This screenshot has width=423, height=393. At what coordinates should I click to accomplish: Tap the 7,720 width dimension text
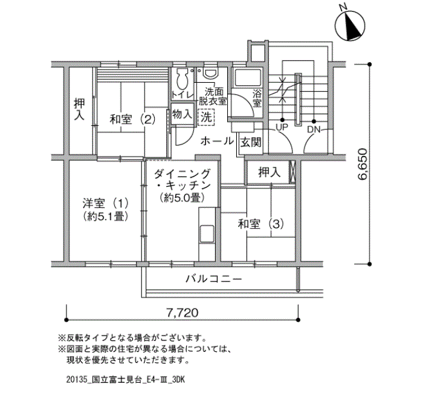tap(182, 313)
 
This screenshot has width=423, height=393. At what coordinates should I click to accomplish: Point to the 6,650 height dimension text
tap(362, 164)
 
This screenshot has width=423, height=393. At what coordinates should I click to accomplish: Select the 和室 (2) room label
tap(132, 119)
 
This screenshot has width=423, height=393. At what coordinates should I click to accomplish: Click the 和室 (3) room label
tap(260, 224)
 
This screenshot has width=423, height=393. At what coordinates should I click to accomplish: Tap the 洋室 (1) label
tap(106, 203)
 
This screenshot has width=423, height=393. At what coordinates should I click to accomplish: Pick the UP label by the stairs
tap(282, 127)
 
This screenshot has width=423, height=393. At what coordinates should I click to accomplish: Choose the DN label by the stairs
tap(314, 130)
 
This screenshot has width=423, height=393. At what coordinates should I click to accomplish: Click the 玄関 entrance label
tap(251, 142)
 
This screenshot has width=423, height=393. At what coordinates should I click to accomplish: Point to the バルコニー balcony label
tap(213, 279)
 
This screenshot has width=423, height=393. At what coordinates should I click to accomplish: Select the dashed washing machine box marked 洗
tap(206, 117)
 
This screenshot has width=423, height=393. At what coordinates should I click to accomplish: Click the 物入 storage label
tap(182, 114)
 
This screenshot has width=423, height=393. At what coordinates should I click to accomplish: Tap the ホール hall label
tap(217, 141)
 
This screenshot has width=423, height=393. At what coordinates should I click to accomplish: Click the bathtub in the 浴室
tap(248, 79)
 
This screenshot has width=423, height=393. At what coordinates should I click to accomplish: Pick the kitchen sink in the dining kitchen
tap(207, 233)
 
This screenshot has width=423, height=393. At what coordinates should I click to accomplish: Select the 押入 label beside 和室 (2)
tap(79, 109)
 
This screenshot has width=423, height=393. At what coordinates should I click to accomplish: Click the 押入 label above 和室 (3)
tap(270, 172)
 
